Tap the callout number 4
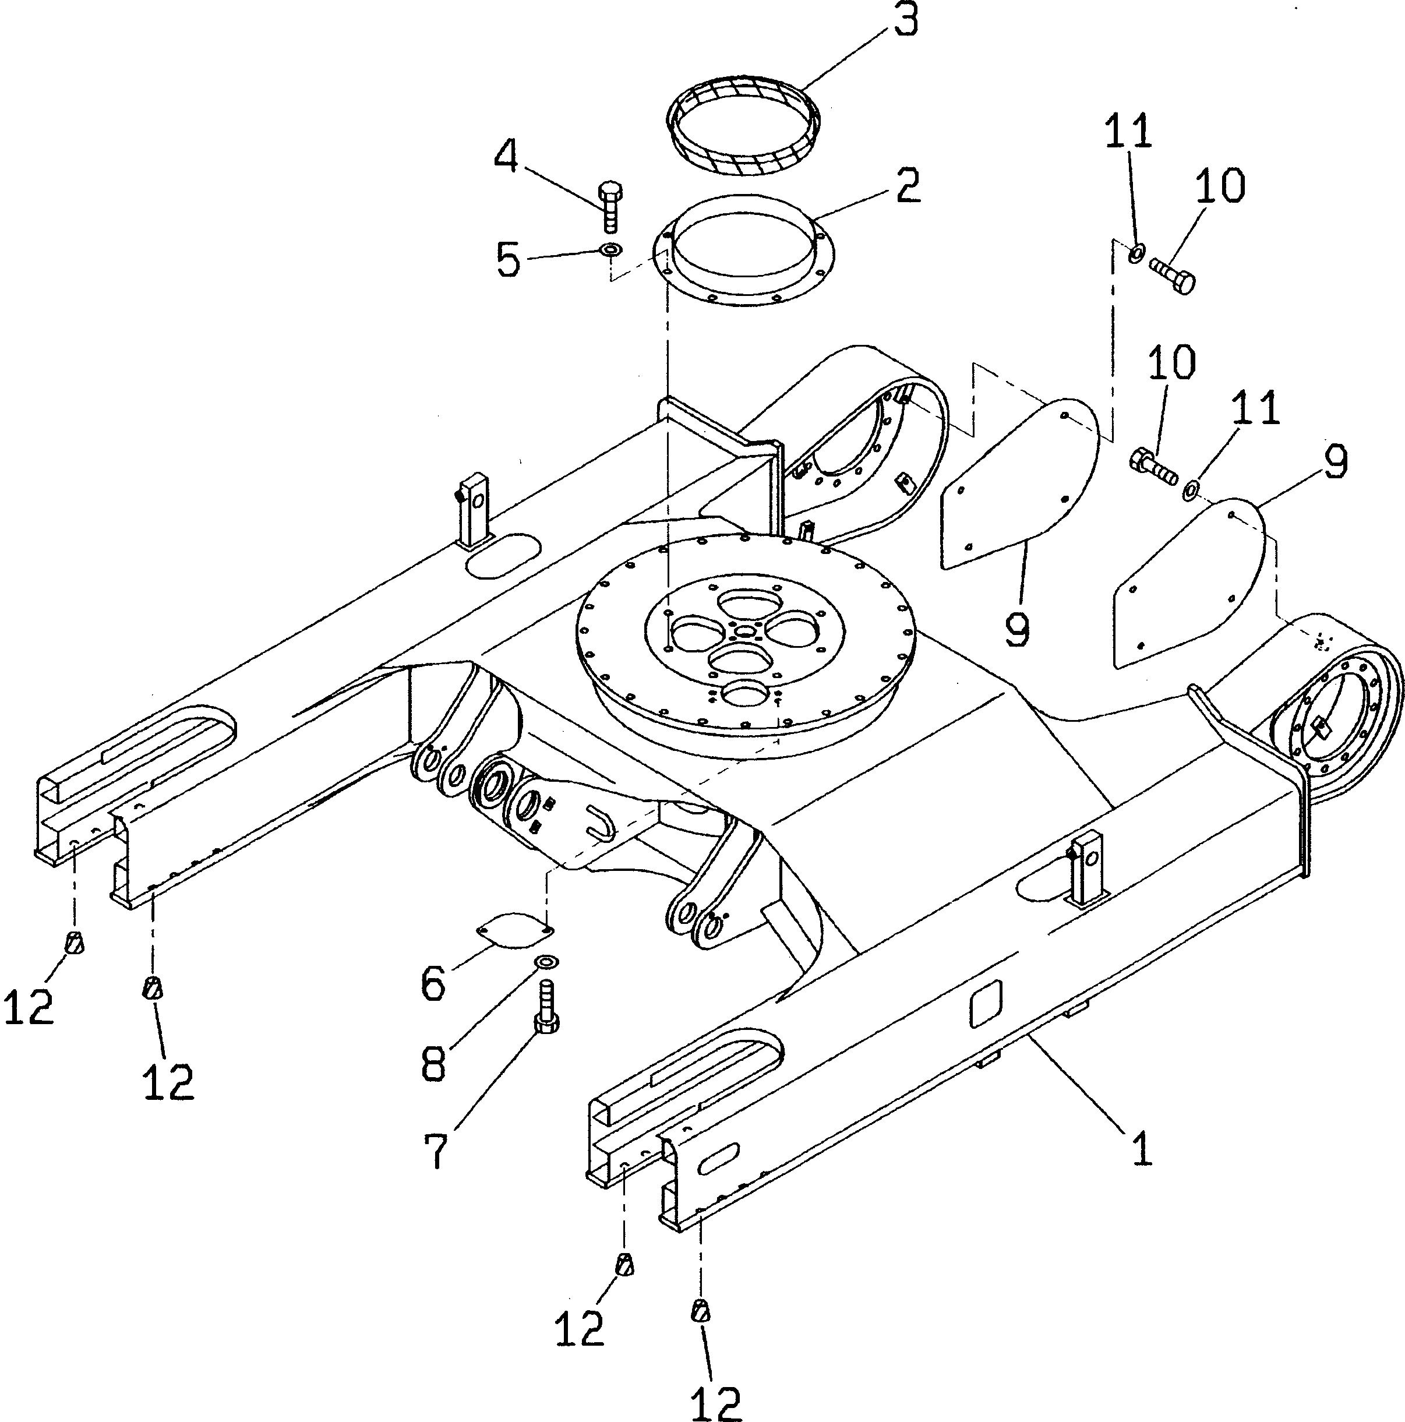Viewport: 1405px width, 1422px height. pos(506,156)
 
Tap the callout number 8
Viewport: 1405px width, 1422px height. pos(433,1063)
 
